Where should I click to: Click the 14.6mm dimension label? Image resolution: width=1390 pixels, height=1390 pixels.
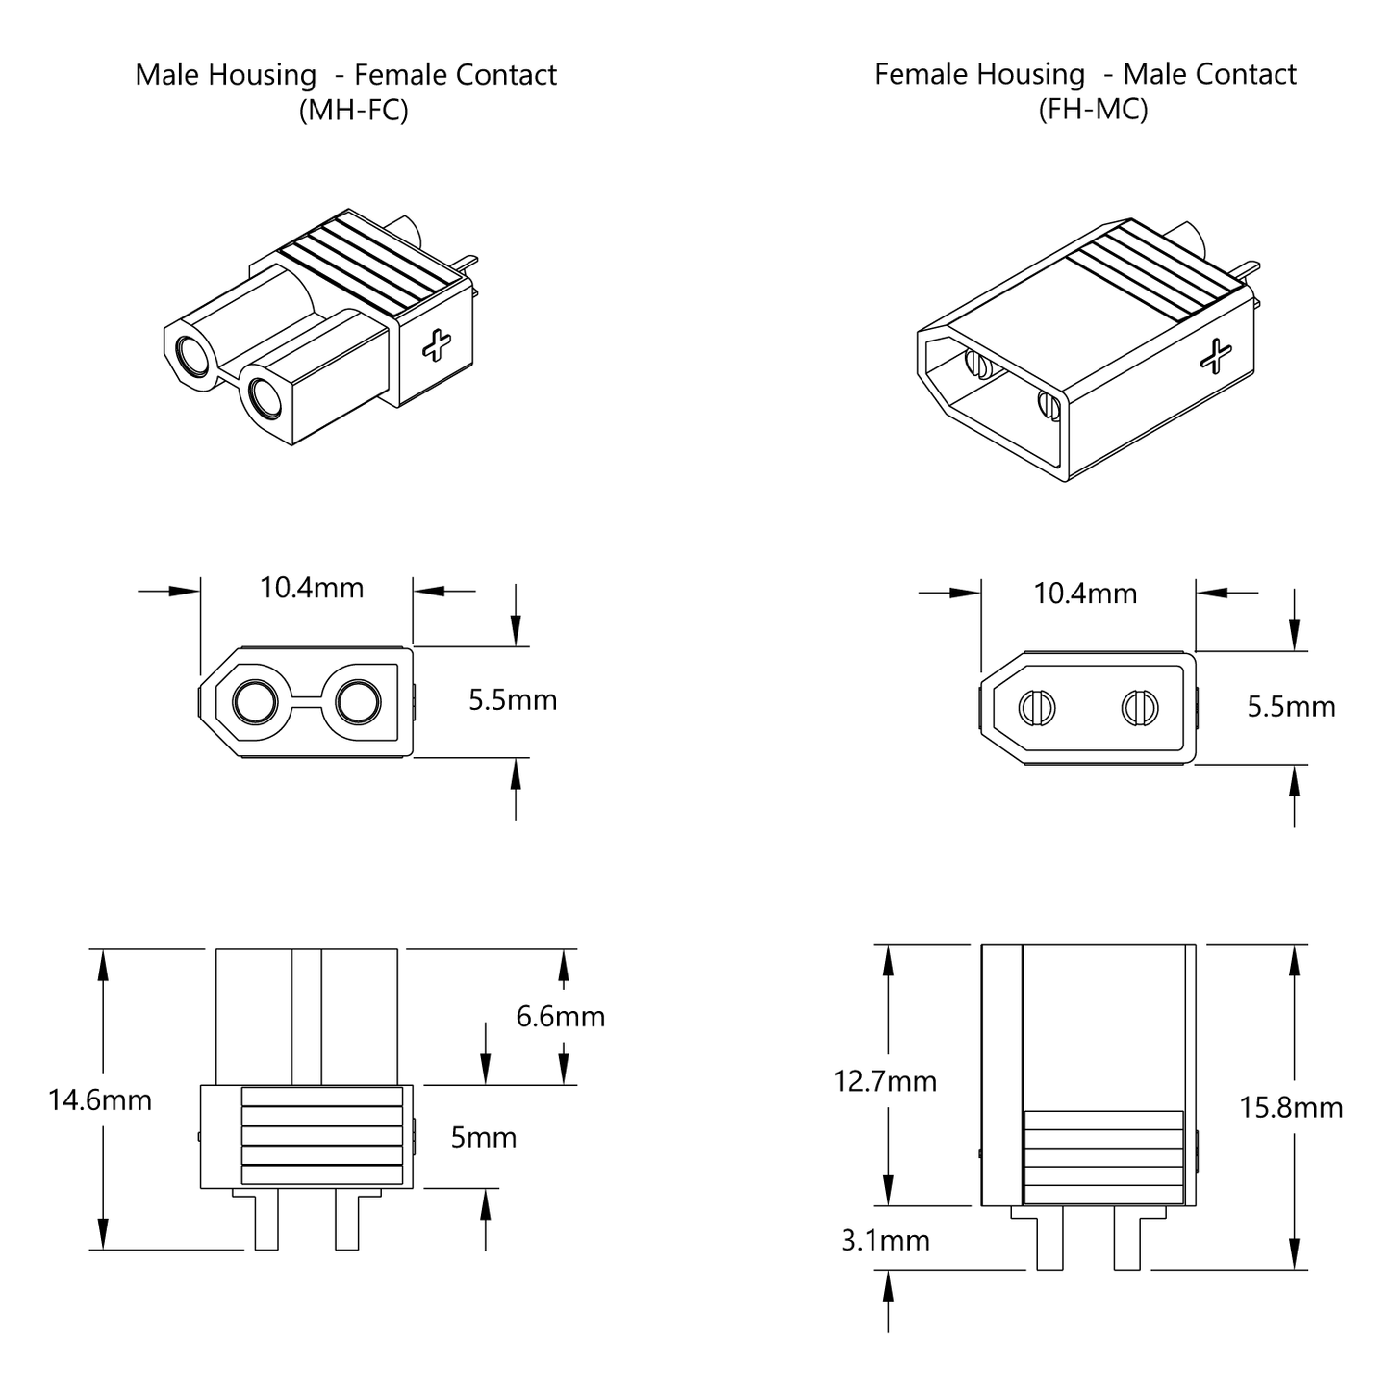(x=100, y=1099)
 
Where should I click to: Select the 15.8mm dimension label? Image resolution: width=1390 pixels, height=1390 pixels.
(x=1290, y=1107)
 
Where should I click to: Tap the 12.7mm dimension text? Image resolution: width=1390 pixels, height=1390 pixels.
(x=884, y=1081)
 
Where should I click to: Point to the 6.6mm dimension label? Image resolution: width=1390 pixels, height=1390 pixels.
(x=560, y=1016)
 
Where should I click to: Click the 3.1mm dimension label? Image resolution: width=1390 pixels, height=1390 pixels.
(x=885, y=1240)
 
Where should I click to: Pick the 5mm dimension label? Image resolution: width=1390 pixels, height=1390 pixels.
(x=483, y=1137)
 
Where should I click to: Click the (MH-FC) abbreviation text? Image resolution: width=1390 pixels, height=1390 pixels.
(x=353, y=110)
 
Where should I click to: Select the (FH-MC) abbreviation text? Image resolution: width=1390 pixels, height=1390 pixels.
(x=1093, y=109)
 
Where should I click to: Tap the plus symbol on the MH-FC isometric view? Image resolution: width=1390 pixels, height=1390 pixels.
(x=438, y=344)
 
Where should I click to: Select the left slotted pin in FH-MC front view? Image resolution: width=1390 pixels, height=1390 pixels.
(x=1036, y=709)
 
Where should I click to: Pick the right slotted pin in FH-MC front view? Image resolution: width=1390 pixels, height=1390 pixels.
(x=1140, y=709)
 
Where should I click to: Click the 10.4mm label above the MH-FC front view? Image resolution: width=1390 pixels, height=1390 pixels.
(x=312, y=587)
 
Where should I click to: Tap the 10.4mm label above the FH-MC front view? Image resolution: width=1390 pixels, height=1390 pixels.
(x=1085, y=593)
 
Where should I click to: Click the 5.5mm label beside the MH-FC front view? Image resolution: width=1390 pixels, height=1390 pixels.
(x=513, y=699)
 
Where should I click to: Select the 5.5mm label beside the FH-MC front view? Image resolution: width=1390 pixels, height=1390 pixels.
(x=1291, y=706)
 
